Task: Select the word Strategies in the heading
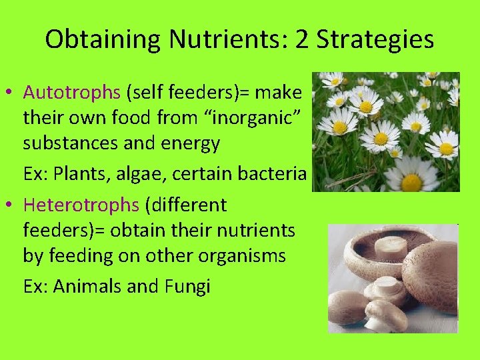(375, 39)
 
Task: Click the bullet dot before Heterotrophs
(13, 205)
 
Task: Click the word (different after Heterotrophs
(186, 205)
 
